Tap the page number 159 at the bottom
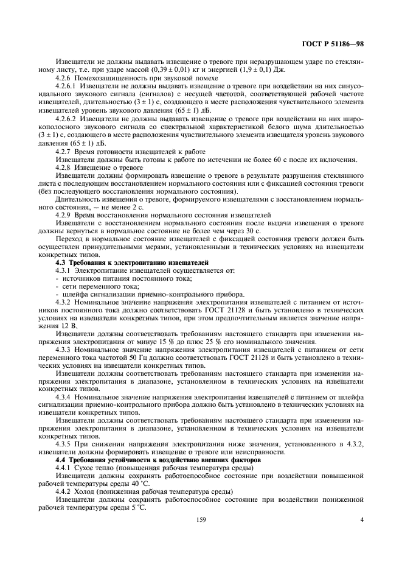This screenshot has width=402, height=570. pyautogui.click(x=200, y=519)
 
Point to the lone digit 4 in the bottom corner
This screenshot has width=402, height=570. pyautogui.click(x=362, y=519)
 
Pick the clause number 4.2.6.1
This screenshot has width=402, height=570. pyautogui.click(x=67, y=87)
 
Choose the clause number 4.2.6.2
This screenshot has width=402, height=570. pyautogui.click(x=67, y=117)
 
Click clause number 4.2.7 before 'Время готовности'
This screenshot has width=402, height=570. pyautogui.click(x=63, y=150)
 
